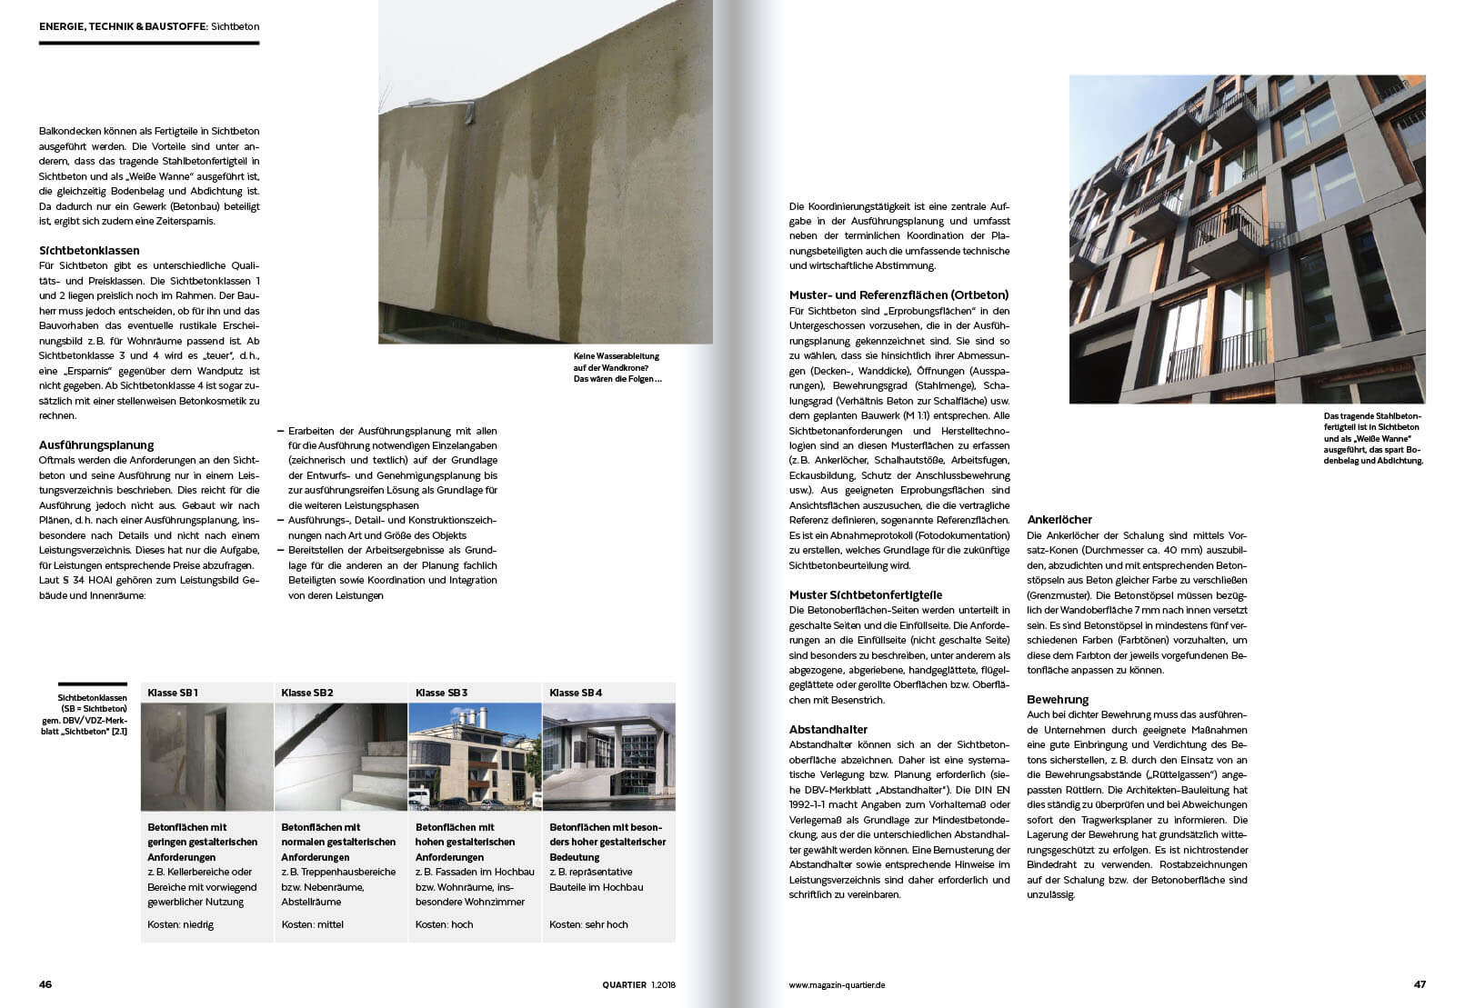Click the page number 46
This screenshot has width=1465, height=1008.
click(45, 984)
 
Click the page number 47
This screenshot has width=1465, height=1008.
click(1420, 984)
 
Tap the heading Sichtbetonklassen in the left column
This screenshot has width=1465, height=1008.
click(89, 250)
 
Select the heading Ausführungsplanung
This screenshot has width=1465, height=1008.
click(96, 445)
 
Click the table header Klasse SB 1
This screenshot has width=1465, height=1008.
click(173, 693)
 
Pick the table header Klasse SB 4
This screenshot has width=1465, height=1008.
click(576, 693)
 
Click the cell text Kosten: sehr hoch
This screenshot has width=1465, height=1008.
click(588, 924)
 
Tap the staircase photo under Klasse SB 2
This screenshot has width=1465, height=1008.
click(340, 756)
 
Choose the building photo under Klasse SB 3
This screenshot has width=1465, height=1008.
click(475, 756)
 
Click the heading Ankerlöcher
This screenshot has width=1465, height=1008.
click(1059, 520)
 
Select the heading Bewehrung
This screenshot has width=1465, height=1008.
click(1058, 700)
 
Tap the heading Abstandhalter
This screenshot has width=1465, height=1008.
click(828, 729)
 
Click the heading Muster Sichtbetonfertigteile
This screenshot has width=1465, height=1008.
click(866, 595)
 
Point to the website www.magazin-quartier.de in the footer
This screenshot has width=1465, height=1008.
click(837, 984)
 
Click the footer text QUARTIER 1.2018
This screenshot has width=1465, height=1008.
click(639, 984)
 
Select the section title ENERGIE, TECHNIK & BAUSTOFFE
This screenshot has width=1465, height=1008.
click(123, 27)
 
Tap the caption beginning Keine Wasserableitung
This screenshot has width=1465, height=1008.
click(617, 367)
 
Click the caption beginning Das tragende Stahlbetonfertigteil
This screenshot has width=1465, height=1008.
click(1373, 438)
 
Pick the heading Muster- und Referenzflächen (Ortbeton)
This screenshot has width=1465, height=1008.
click(898, 295)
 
